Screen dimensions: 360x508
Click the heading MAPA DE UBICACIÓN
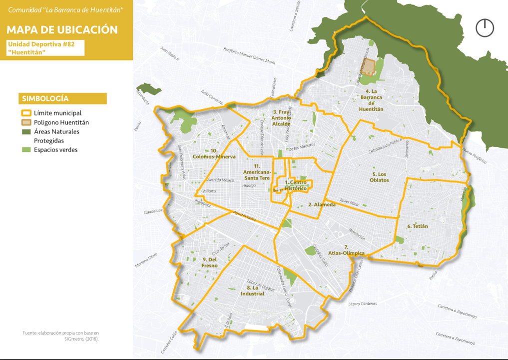(62, 29)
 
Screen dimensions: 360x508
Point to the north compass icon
(485, 27)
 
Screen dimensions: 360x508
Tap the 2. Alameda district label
(321, 204)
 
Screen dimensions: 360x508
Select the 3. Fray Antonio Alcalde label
(281, 117)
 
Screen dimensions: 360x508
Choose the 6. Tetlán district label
(418, 226)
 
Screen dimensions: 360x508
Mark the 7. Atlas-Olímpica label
(346, 250)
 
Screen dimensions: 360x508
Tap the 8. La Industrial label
(255, 290)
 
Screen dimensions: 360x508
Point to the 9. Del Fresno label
(210, 262)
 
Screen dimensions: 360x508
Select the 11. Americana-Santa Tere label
(257, 171)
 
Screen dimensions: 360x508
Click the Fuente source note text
(61, 335)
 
